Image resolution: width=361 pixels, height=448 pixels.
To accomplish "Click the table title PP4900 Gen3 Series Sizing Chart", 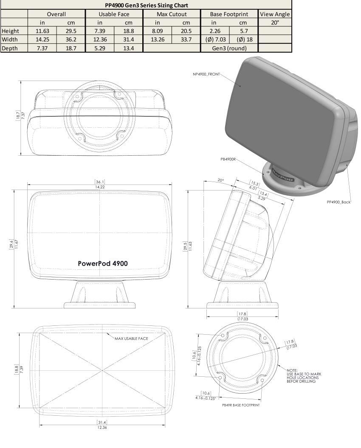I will (x=146, y=6).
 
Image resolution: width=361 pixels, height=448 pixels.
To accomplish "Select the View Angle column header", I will (x=274, y=14).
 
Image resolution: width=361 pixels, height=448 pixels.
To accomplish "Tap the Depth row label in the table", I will (x=10, y=48).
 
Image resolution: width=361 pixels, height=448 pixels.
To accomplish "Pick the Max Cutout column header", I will (x=172, y=14).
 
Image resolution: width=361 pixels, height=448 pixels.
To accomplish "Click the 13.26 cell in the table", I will (x=157, y=39).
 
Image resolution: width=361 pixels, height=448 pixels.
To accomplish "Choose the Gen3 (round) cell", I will (x=229, y=48).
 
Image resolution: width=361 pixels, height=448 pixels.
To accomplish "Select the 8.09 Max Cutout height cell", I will (x=157, y=31).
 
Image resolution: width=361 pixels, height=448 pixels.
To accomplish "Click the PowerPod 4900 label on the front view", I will (x=103, y=263).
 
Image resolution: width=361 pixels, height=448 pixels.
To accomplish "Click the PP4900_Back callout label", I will (x=338, y=202).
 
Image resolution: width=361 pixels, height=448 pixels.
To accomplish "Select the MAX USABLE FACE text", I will (x=131, y=339).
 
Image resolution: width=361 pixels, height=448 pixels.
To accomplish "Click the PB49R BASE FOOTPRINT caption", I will (x=241, y=405).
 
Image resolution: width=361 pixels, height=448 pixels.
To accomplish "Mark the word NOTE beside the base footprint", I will (x=292, y=370).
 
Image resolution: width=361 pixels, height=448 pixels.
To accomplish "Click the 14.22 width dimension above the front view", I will (x=100, y=187).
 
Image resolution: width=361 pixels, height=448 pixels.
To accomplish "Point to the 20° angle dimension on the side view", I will (x=220, y=180).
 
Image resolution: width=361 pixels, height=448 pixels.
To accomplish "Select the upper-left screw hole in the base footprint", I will (x=223, y=336).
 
